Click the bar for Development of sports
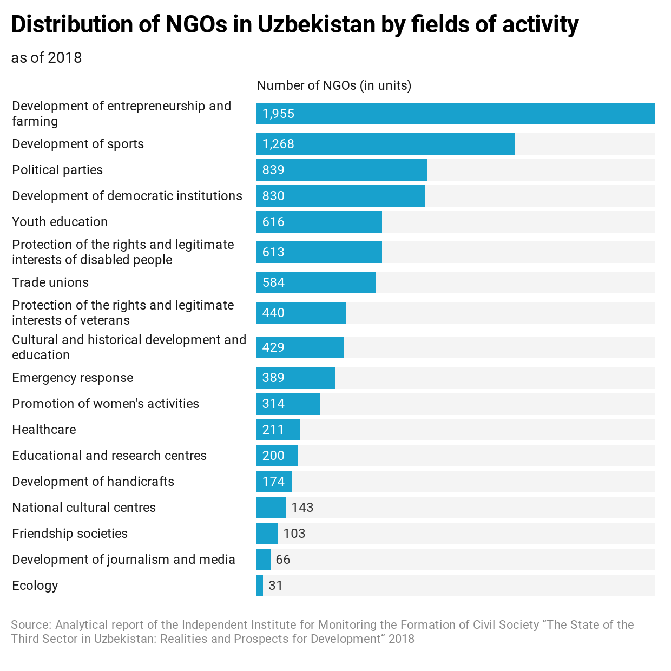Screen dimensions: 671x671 pos(385,144)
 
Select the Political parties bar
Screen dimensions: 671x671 pos(341,170)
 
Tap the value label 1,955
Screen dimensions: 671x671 pos(278,114)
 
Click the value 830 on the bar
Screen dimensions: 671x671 pos(273,196)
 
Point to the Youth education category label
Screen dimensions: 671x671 pos(60,222)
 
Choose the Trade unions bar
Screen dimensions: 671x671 pos(315,282)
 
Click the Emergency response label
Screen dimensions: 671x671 pos(73,378)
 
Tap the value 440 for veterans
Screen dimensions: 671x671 pos(273,313)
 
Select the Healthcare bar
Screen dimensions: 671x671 pos(278,430)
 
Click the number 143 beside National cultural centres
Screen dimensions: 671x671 pos(302,508)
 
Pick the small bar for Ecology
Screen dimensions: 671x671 pos(260,586)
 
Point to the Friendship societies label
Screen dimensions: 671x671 pos(70,534)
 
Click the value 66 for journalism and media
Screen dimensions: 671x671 pos(282,560)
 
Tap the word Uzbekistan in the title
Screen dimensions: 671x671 pos(316,24)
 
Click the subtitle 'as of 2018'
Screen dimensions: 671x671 pos(47,58)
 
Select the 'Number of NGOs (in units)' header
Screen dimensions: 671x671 pos(334,85)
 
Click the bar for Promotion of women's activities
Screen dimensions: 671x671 pos(288,404)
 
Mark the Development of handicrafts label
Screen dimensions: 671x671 pos(93,482)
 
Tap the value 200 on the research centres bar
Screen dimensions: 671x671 pos(273,456)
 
